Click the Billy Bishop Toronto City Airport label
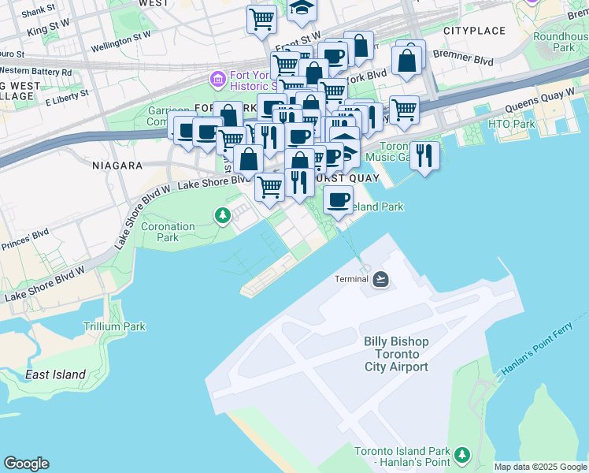point(396,354)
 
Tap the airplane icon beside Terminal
point(381,279)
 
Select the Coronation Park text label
point(168,232)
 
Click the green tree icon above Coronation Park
point(223,214)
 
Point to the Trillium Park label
point(114,326)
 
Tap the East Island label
point(54,374)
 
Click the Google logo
point(26,464)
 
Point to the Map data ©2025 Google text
point(540,467)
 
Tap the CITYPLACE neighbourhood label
point(474,31)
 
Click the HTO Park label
point(511,124)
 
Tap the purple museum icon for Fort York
point(217,79)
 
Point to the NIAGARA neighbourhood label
point(117,166)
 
